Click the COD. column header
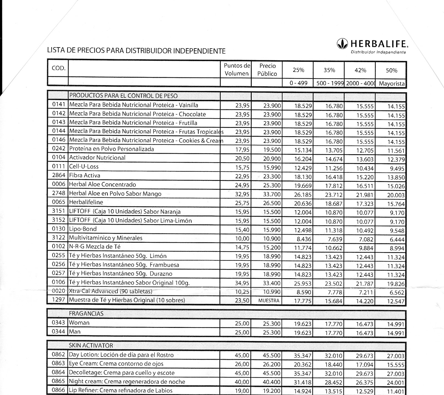coord(58,68)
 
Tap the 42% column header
coord(360,70)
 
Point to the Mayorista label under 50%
coord(391,83)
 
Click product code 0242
coord(58,149)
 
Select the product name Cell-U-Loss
coord(84,166)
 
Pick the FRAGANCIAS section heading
coord(86,313)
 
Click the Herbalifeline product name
coord(86,202)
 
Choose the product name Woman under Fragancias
coord(79,323)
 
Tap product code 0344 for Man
coord(58,331)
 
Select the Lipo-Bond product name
coord(83,229)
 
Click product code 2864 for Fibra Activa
coord(58,175)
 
